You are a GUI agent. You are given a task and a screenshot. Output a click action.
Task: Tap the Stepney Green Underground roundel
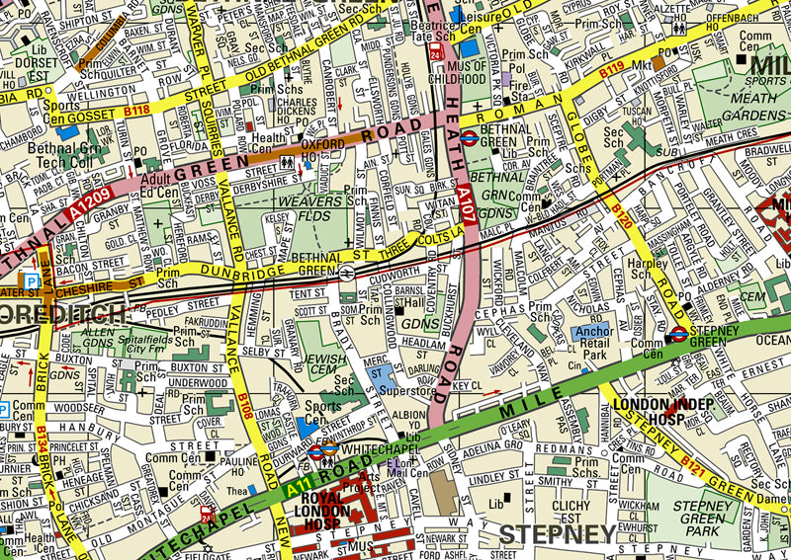point(679,335)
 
